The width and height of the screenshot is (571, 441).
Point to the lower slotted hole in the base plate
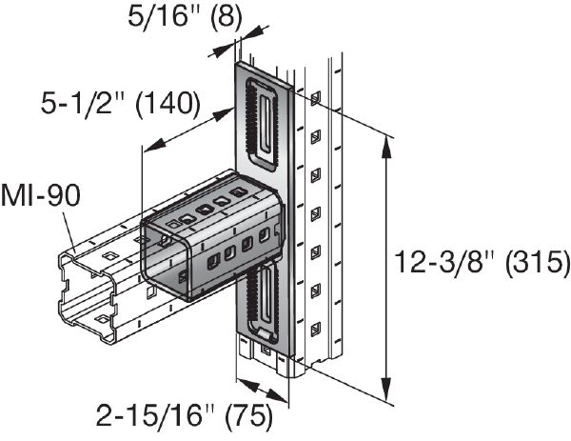(261, 299)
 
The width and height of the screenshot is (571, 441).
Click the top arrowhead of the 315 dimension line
(386, 141)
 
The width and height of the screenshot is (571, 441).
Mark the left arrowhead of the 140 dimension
(148, 147)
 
